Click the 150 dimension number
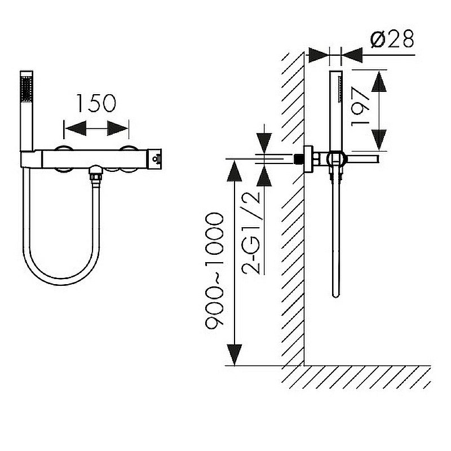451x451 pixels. click(96, 103)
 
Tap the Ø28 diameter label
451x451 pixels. click(392, 39)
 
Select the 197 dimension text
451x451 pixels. click(360, 107)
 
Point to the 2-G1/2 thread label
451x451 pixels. click(251, 233)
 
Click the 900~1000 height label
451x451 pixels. click(214, 271)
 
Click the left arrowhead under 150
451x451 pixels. click(76, 128)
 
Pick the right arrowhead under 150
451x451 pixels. click(117, 128)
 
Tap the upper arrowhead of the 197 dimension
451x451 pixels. click(378, 81)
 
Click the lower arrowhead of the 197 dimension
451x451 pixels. click(378, 140)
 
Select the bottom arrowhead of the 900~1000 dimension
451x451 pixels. click(235, 355)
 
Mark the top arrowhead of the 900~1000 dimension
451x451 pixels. click(235, 171)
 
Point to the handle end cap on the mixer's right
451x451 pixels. click(154, 159)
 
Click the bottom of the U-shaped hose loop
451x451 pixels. click(61, 281)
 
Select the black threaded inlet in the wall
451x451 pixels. click(299, 159)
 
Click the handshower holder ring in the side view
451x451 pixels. click(335, 158)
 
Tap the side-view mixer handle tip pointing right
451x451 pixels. click(377, 159)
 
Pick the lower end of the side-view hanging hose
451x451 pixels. click(335, 295)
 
